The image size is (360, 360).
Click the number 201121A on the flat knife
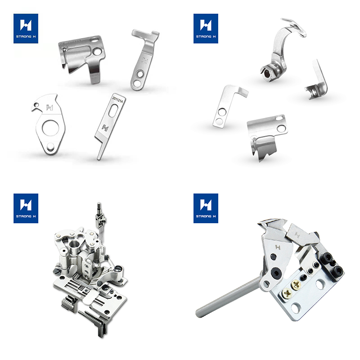(x=118, y=99)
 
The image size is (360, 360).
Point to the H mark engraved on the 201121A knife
(x=105, y=128)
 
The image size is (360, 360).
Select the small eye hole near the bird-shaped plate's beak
(x=36, y=105)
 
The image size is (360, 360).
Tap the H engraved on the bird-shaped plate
(x=49, y=107)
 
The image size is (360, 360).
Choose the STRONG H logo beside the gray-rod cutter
(x=206, y=208)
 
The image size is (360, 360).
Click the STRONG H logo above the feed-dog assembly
(x=26, y=208)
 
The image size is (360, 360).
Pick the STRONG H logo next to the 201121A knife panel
(x=26, y=28)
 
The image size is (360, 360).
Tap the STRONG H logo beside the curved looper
(x=206, y=28)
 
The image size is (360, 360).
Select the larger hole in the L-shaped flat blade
(x=222, y=112)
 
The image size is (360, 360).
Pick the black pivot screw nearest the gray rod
(x=275, y=273)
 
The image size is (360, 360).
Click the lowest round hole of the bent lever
(x=137, y=83)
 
